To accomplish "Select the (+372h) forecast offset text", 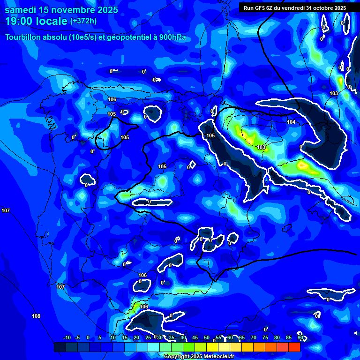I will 83,21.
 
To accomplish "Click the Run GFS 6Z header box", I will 294,8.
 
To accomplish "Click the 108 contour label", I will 36,316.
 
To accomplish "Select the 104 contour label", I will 291,122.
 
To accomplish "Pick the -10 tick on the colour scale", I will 67,337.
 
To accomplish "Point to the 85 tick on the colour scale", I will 289,337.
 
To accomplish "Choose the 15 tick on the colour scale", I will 125,337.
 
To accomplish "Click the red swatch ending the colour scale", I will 294,347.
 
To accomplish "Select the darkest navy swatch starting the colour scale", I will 60,347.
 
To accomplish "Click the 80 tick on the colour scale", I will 277,337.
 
